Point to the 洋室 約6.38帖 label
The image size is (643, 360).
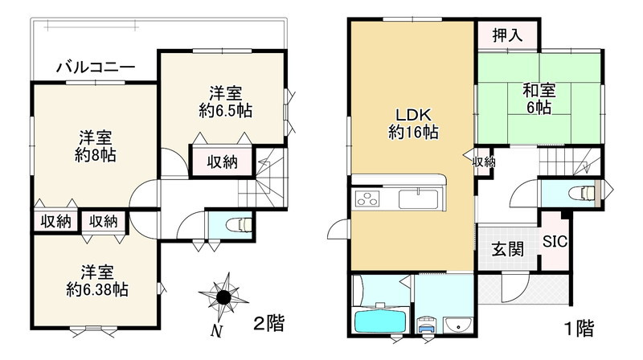[x=96, y=280]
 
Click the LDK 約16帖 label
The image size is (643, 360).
[x=413, y=123]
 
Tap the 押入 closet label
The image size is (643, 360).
[x=506, y=35]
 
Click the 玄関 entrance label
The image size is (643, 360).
[x=508, y=248]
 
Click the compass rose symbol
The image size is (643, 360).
[x=224, y=297]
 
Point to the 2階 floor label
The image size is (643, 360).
[x=268, y=324]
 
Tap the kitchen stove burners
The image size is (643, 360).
[x=366, y=198]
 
